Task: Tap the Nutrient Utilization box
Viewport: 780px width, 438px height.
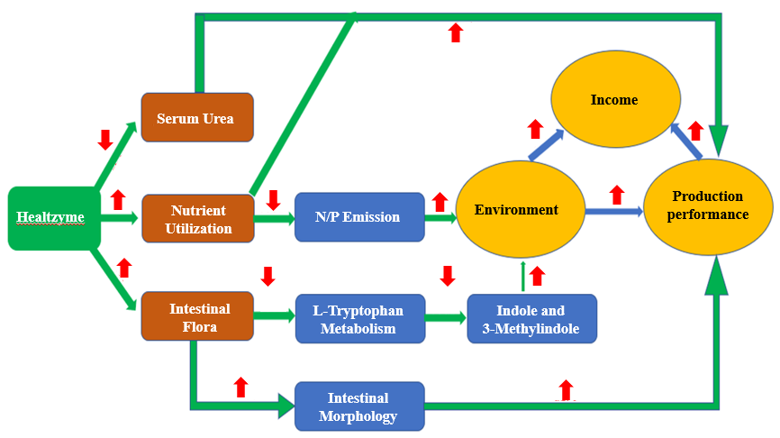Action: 197,218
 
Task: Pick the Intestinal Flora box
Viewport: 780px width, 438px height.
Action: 197,316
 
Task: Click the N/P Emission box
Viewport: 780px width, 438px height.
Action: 358,217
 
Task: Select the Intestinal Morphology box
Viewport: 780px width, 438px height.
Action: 358,406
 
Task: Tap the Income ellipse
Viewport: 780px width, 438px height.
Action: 613,100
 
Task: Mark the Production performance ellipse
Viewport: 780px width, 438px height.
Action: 707,206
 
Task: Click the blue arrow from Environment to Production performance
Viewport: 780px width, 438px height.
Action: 612,211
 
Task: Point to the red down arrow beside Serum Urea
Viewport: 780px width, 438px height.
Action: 104,139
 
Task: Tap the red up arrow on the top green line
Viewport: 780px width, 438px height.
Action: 456,33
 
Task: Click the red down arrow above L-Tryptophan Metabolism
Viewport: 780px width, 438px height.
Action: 268,276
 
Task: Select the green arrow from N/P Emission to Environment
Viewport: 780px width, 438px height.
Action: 440,217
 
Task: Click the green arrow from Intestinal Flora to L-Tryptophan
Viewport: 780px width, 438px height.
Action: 274,315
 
